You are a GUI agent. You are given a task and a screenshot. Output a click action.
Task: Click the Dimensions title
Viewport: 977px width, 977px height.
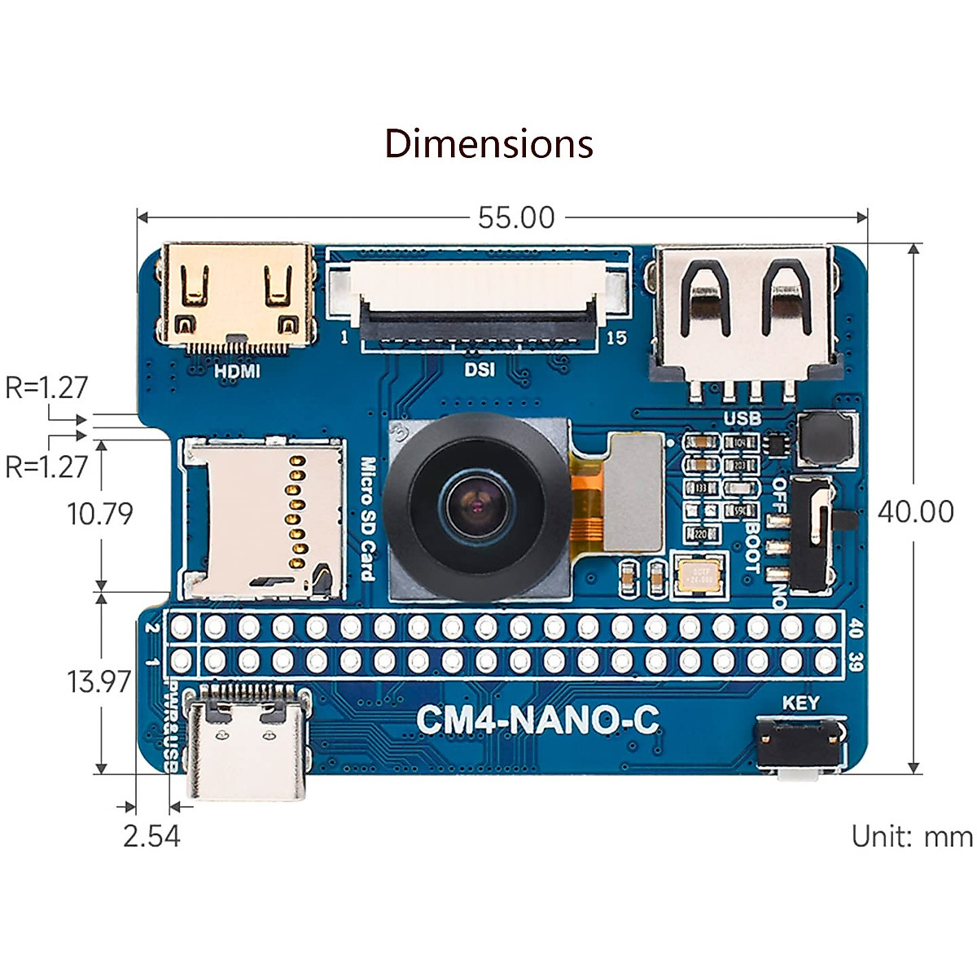[x=488, y=144]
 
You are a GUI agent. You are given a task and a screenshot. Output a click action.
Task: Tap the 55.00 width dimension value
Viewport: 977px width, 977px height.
[x=516, y=218]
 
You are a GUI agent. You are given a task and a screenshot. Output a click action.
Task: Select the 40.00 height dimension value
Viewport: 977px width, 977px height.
[x=915, y=511]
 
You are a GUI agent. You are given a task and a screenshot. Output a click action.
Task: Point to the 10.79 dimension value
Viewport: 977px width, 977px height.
[x=99, y=514]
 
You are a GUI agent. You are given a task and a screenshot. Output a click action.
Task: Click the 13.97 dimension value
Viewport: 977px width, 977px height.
[x=99, y=681]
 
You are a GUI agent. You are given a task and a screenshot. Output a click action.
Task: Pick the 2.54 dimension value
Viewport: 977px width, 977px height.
[x=151, y=836]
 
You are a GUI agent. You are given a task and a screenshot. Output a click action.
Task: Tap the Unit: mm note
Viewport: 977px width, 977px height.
[x=911, y=836]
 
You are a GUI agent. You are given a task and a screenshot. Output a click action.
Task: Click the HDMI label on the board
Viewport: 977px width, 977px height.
[x=237, y=371]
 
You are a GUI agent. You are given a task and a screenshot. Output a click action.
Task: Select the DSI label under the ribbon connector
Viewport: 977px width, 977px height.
[x=480, y=370]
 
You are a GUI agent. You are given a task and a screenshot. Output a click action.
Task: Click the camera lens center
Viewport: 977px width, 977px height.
[x=475, y=506]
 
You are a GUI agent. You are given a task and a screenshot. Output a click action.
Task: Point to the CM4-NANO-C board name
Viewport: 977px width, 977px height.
[x=537, y=720]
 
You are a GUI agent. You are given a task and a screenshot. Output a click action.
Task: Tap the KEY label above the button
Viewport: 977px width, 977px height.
[x=800, y=703]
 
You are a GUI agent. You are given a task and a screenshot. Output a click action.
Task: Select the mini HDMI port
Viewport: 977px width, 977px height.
[x=238, y=297]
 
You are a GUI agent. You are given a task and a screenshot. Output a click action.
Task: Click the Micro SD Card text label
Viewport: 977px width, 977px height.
[x=368, y=519]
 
